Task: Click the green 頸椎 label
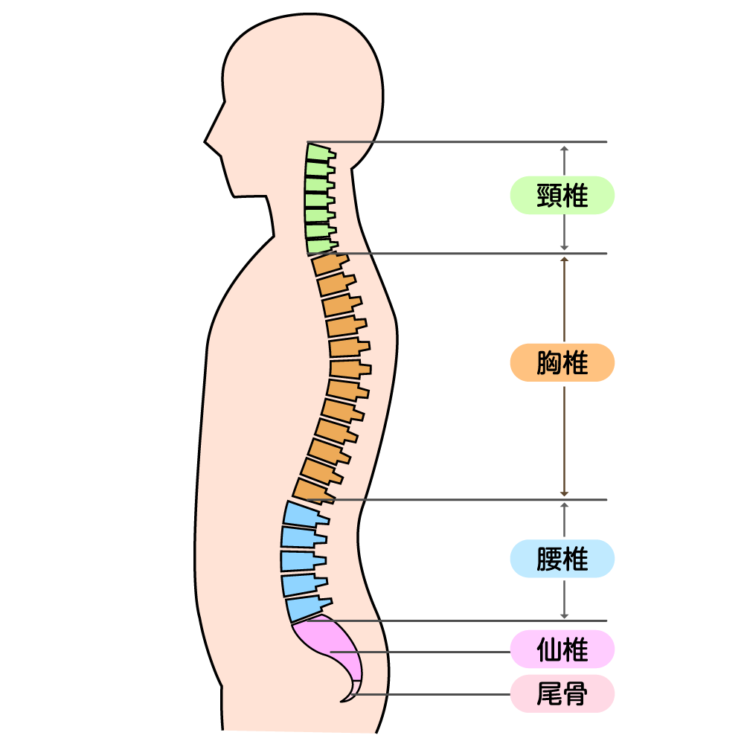point(562,196)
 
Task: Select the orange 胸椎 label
point(562,363)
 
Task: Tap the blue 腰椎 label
point(562,559)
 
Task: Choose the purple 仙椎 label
point(562,650)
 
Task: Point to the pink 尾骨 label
point(562,694)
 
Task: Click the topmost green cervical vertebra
point(318,152)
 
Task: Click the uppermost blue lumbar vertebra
point(301,513)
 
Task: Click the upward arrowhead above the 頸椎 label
point(564,148)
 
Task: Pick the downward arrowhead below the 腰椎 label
point(564,615)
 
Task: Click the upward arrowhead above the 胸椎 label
point(564,260)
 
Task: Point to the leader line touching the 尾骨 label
point(432,695)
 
